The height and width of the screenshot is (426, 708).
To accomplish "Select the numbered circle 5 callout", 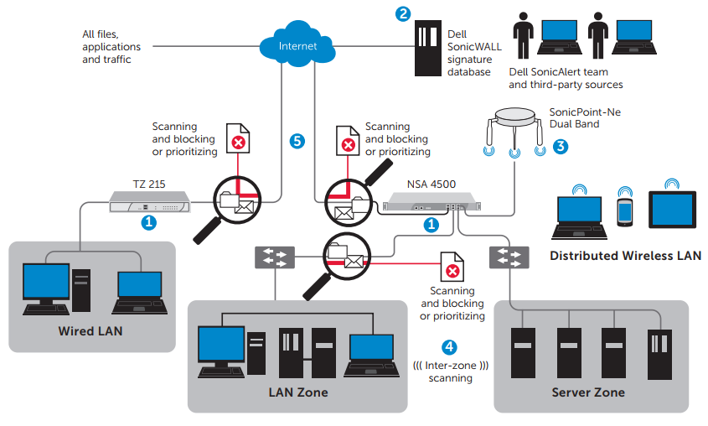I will (x=297, y=141).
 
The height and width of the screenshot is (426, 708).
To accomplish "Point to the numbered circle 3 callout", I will (x=561, y=146).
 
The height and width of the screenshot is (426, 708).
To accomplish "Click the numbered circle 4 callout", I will (x=450, y=346).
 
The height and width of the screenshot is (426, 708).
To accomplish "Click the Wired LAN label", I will (x=90, y=331).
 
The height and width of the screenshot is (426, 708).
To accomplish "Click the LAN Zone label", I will (x=297, y=392).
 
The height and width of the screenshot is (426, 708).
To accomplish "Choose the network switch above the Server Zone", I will (x=509, y=256).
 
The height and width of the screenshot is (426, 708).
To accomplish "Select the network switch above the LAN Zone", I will (x=275, y=256).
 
